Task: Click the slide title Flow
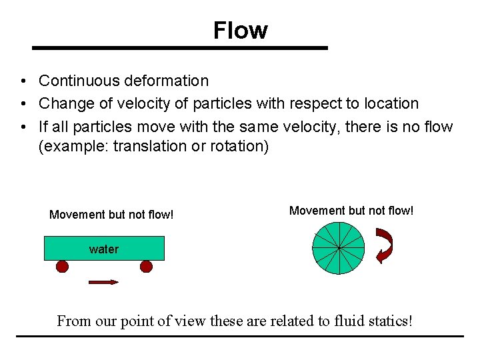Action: point(240,30)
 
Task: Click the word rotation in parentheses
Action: point(237,146)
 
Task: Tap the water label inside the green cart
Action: point(103,249)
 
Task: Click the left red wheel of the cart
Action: point(62,267)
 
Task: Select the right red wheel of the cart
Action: point(146,267)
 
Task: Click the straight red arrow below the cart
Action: point(103,282)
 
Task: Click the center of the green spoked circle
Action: point(339,248)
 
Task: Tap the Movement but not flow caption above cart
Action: point(111,215)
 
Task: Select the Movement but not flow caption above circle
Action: point(351,211)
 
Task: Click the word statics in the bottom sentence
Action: point(387,321)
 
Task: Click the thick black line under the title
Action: point(180,48)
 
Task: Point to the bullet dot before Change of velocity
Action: point(23,104)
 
